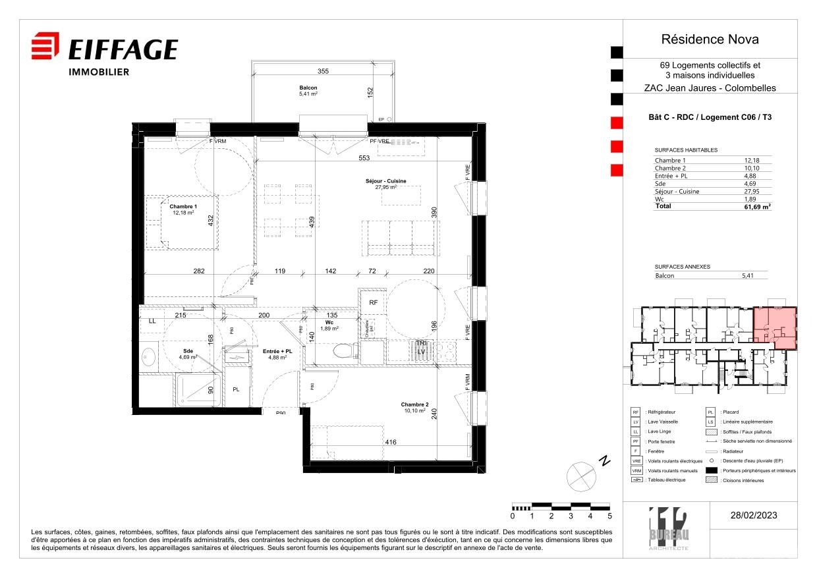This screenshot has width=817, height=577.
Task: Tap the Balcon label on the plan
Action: pyautogui.click(x=308, y=88)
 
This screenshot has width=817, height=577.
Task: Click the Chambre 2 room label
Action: pyautogui.click(x=415, y=404)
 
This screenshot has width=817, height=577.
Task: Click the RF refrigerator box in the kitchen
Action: pyautogui.click(x=373, y=303)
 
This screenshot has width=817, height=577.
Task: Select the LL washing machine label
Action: pyautogui.click(x=153, y=321)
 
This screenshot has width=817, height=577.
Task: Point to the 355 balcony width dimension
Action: pyautogui.click(x=323, y=71)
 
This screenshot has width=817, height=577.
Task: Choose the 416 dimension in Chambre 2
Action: pyautogui.click(x=390, y=442)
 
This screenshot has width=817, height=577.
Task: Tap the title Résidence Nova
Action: pyautogui.click(x=710, y=40)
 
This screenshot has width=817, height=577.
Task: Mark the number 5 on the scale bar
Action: pyautogui.click(x=609, y=516)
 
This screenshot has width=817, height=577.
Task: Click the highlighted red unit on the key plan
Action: pyautogui.click(x=775, y=327)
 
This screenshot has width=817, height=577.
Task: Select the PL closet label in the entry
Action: pyautogui.click(x=236, y=390)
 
